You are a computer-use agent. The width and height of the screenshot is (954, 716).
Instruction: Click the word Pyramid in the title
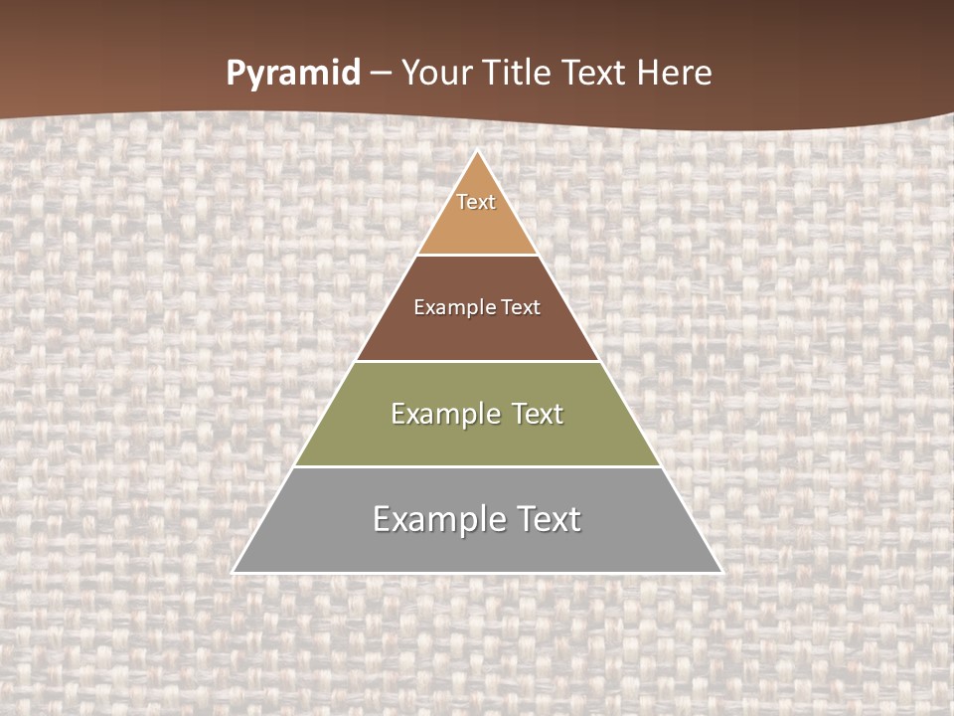[x=293, y=74]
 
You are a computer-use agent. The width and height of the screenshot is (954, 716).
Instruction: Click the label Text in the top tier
[x=476, y=203]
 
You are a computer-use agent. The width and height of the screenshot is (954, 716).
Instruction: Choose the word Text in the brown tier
[x=522, y=308]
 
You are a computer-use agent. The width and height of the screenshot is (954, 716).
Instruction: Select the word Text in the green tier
[x=538, y=414]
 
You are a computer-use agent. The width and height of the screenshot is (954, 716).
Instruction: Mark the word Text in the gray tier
[x=550, y=519]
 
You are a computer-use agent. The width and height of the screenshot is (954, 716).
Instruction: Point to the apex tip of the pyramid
[x=478, y=152]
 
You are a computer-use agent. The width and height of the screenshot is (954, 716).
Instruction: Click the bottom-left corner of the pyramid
[x=235, y=571]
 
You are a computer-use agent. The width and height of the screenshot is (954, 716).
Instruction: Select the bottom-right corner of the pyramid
[x=719, y=571]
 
